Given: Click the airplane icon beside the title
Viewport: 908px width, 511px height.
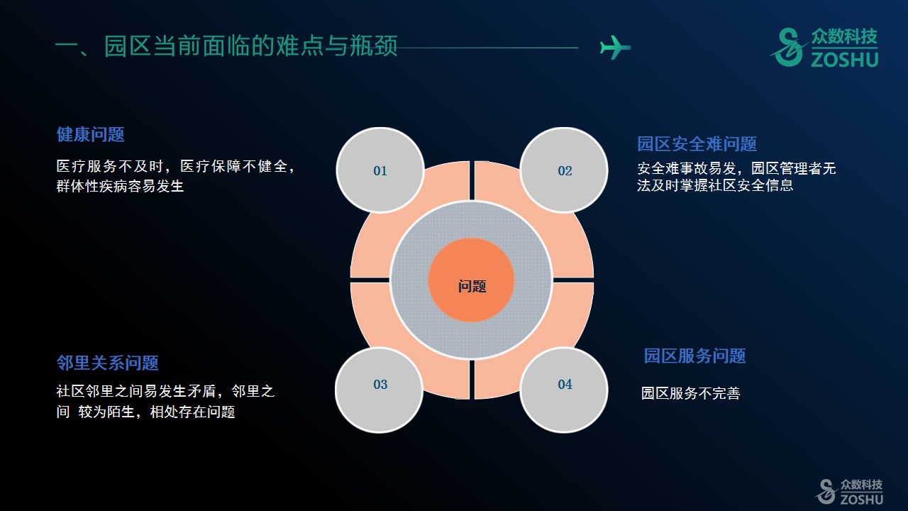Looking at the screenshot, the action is [615, 48].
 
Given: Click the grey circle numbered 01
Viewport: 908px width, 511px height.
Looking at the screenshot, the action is [380, 170].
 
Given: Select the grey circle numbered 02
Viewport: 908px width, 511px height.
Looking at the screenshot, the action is [564, 170].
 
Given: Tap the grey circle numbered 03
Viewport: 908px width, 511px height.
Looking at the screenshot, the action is [380, 390].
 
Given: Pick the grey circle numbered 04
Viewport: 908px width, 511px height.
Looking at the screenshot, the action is [564, 390].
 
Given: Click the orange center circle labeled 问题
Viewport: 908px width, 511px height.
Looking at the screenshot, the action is [472, 280].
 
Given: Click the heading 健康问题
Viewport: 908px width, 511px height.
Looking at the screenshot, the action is [90, 134].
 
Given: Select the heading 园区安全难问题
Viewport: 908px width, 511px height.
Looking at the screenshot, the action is [697, 144].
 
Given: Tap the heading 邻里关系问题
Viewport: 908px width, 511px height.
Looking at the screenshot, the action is [107, 363].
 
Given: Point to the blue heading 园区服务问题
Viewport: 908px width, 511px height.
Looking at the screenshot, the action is [694, 356].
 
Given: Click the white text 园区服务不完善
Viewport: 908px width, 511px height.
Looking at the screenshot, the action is [691, 393].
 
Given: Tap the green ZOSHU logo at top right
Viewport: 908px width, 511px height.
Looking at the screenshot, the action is [824, 48].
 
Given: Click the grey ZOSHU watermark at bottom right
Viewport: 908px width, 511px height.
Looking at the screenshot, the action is [849, 492].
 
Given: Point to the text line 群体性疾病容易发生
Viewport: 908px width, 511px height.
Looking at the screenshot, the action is [120, 186].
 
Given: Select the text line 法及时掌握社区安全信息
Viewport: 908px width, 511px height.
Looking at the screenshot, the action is [715, 185].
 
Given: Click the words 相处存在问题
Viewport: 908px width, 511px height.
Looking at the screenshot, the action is [192, 412].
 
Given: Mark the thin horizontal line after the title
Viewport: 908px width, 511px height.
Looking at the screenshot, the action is [488, 48].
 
